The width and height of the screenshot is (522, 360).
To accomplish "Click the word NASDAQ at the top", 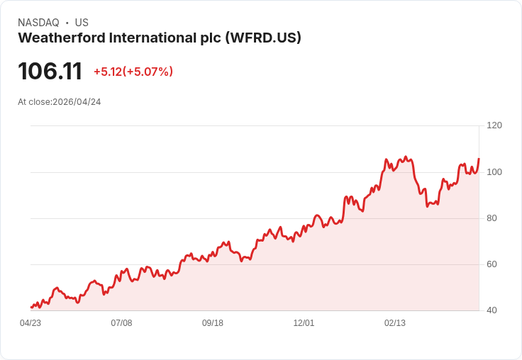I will tap(38, 23).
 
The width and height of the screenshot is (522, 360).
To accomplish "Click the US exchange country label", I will tap(82, 23).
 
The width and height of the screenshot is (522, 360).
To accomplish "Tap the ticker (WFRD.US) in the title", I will tap(263, 38).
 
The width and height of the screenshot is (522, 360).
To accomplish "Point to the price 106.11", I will tap(50, 71).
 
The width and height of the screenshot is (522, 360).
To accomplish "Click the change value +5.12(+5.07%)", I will tap(133, 72).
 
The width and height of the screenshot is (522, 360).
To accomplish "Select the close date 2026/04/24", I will tap(77, 102).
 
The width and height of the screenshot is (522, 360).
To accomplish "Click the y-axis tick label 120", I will tap(494, 125).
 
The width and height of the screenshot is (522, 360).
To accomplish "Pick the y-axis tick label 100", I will tap(494, 172).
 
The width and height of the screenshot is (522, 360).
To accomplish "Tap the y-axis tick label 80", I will tap(492, 218).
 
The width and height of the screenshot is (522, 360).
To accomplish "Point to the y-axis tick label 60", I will tap(492, 264).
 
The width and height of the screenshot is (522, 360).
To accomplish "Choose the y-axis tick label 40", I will tap(492, 310).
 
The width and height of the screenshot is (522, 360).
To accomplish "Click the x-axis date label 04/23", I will tap(30, 323).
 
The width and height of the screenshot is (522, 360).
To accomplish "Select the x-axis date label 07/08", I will tap(121, 323).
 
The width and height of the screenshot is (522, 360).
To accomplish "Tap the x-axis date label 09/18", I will tap(213, 323).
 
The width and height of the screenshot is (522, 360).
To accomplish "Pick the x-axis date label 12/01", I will tap(304, 323).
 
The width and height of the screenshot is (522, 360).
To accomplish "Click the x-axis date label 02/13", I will tap(395, 323).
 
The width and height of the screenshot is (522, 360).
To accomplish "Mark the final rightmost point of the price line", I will tap(479, 159).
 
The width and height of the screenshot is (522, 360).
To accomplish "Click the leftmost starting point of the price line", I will tap(30, 307).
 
